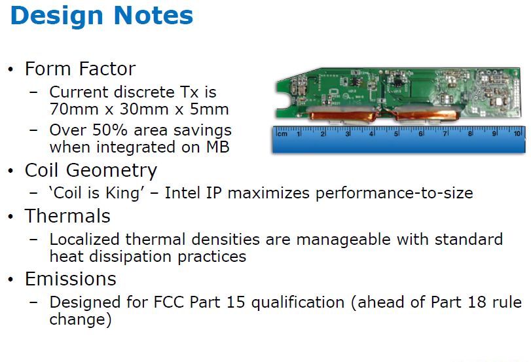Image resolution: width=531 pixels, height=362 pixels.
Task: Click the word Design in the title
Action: pyautogui.click(x=56, y=16)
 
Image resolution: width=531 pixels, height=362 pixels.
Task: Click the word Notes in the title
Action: pyautogui.click(x=153, y=16)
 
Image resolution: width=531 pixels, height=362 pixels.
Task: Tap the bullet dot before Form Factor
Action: pyautogui.click(x=10, y=69)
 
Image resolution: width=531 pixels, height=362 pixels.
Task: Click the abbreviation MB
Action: pyautogui.click(x=218, y=147)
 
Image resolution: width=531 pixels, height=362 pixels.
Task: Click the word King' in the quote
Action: pyautogui.click(x=124, y=193)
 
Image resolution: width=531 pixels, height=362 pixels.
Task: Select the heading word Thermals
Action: pyautogui.click(x=67, y=216)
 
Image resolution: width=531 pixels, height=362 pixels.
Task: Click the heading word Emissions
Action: pyautogui.click(x=71, y=279)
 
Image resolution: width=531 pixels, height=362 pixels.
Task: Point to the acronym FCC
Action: pyautogui.click(x=169, y=302)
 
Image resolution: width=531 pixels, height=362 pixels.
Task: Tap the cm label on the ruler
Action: pyautogui.click(x=282, y=134)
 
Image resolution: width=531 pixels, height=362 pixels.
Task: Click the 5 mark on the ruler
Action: pyautogui.click(x=395, y=134)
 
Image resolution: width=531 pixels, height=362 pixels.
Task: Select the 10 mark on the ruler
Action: pyautogui.click(x=517, y=134)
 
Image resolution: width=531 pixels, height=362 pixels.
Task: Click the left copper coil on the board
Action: pyautogui.click(x=342, y=115)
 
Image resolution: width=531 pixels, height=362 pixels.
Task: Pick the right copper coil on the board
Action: pyautogui.click(x=427, y=115)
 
